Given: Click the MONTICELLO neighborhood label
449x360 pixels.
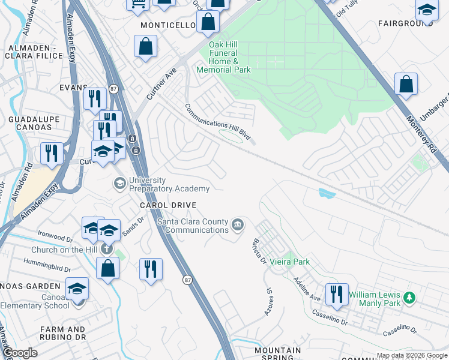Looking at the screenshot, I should [x=168, y=26].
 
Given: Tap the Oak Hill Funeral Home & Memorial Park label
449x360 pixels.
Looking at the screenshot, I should [x=223, y=57].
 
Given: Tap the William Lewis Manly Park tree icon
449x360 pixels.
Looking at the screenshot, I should [x=409, y=298].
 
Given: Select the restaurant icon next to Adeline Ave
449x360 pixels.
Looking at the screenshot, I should [x=337, y=294].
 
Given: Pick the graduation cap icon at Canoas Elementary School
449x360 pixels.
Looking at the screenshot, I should [x=77, y=288].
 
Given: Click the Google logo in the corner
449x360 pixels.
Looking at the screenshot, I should [x=20, y=353].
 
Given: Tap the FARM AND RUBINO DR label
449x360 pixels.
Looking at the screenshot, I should [x=62, y=334].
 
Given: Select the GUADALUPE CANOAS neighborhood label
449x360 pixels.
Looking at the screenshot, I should [x=32, y=124].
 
